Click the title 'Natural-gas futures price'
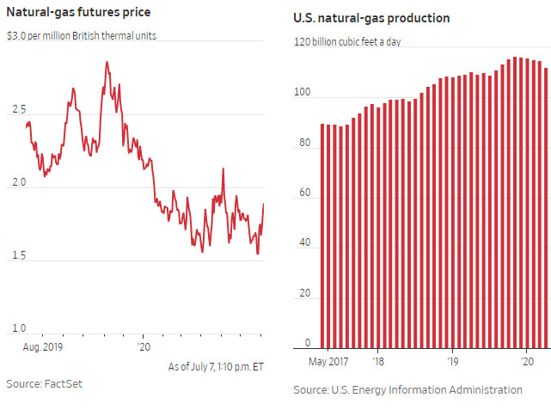pyautogui.click(x=80, y=15)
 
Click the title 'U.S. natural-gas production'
pyautogui.click(x=370, y=18)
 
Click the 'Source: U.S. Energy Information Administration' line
pyautogui.click(x=407, y=390)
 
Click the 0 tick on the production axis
pyautogui.click(x=307, y=342)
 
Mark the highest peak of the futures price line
pyautogui.click(x=107, y=62)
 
